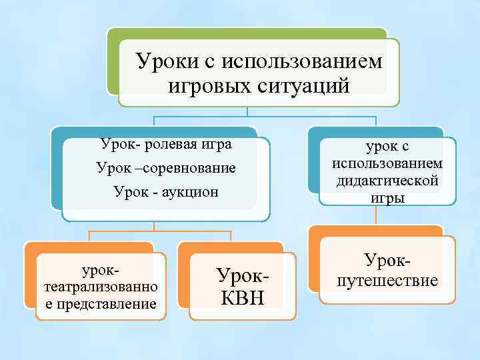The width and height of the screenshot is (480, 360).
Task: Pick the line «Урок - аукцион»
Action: coord(166,192)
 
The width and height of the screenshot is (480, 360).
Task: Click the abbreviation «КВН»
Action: coord(241,297)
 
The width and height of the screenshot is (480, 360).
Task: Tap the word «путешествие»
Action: coord(388,281)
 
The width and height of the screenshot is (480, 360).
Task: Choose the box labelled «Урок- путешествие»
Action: coord(388,270)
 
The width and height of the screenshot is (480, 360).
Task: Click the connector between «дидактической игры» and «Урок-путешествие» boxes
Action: coord(377,215)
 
